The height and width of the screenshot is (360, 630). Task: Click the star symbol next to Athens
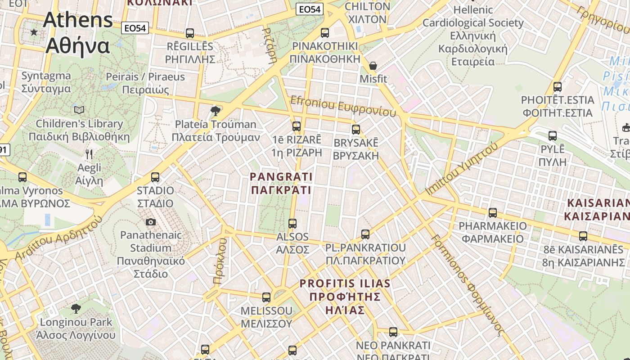(x=34, y=32)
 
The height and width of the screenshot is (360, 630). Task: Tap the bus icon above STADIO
(x=155, y=177)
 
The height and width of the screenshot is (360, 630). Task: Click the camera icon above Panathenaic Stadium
(x=150, y=222)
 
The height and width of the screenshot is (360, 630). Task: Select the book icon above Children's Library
(x=79, y=110)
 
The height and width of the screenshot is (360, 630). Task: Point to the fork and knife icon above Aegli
(x=89, y=154)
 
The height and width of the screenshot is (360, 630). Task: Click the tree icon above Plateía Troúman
(x=216, y=111)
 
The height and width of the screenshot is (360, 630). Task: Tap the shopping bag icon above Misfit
(x=373, y=66)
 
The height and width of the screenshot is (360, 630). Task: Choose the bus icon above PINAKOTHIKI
(x=325, y=32)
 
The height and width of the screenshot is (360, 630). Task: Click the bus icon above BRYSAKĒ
(x=356, y=129)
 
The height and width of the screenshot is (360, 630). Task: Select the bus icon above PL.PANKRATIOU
(x=365, y=234)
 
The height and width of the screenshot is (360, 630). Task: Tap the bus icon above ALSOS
(x=292, y=223)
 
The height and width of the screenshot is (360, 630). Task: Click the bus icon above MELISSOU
(x=266, y=297)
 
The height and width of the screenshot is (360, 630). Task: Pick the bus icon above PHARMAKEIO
(x=493, y=212)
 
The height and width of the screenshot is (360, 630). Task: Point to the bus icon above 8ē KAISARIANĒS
(x=583, y=236)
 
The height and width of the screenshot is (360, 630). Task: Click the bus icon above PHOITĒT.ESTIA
(x=558, y=86)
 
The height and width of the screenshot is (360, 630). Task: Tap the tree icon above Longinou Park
(x=76, y=308)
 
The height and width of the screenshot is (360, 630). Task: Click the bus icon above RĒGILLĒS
(x=190, y=33)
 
